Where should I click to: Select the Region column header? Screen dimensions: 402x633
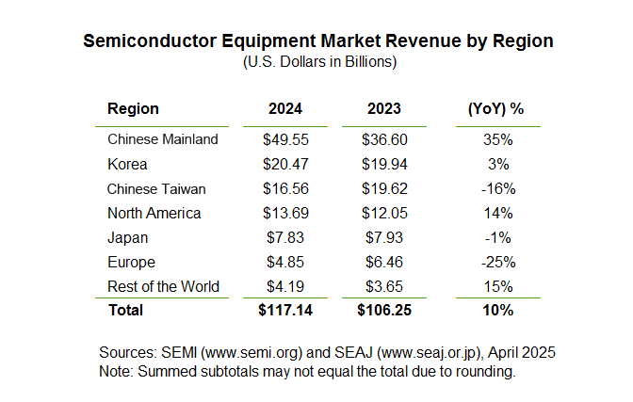point(133,109)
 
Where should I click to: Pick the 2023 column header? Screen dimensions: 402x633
point(383,109)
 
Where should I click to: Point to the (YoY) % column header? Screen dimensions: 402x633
point(495,109)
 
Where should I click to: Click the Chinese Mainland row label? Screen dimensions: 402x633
point(163,139)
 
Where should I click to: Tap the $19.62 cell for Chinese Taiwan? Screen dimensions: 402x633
point(383,188)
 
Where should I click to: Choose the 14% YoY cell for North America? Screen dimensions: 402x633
point(496,213)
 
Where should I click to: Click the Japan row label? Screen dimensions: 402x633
point(127,237)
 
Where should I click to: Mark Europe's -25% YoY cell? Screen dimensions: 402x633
point(496,262)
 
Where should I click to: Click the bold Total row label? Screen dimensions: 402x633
point(126,310)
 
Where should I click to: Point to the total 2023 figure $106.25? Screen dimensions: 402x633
point(383,310)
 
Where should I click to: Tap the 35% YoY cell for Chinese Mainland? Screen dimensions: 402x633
point(496,139)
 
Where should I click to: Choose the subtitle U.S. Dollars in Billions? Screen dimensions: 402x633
point(317,62)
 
